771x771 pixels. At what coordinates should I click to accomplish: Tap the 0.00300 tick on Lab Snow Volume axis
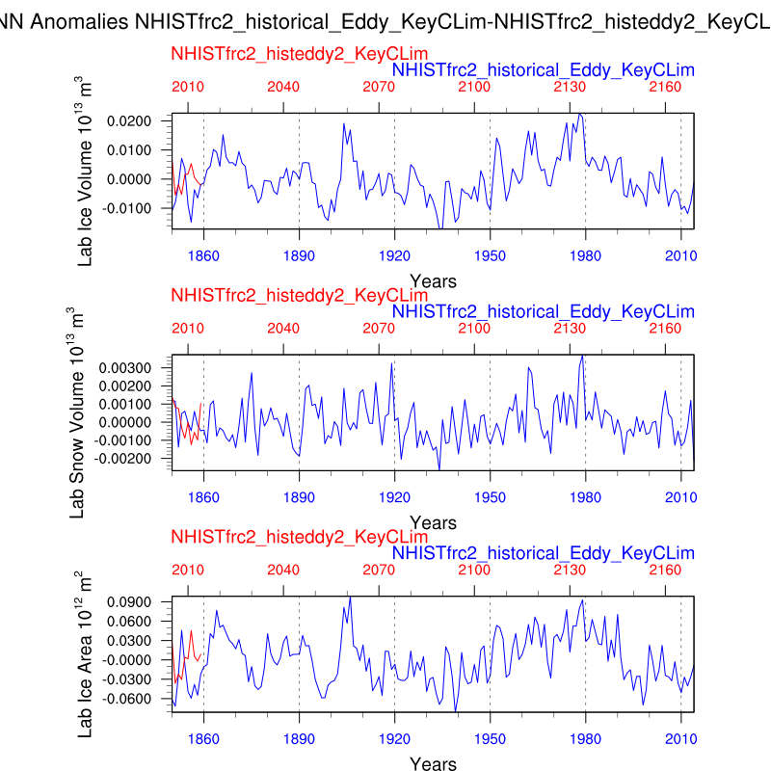(138, 368)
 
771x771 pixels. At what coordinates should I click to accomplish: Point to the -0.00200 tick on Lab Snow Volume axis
(136, 459)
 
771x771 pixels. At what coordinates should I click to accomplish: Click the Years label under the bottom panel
(433, 763)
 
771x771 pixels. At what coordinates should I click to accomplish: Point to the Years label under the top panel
(433, 280)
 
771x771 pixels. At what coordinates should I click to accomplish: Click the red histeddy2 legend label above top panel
(300, 54)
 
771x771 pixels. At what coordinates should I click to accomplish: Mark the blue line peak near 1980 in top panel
(579, 113)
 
